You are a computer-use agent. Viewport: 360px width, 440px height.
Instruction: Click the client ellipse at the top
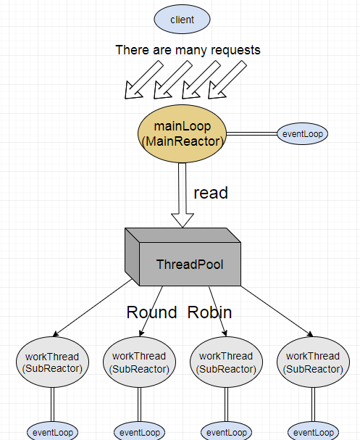point(182,20)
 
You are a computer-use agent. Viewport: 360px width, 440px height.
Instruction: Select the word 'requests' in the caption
point(235,51)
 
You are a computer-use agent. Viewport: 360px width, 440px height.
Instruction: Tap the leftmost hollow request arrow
point(144,80)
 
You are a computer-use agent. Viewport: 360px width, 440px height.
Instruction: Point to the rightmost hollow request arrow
point(227,80)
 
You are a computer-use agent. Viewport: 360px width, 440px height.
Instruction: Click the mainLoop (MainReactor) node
point(182,134)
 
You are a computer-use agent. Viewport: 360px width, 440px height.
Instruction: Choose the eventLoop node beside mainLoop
point(303,134)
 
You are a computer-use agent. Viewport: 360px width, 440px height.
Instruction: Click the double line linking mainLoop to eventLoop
point(252,134)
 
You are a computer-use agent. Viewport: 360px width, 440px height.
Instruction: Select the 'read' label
point(211,193)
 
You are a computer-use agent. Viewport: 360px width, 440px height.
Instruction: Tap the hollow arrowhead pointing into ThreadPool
point(183,220)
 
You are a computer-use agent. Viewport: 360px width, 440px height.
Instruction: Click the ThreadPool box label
point(190,265)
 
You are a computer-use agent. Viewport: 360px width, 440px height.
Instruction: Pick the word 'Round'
point(151,312)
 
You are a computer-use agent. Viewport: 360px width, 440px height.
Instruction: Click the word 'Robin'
point(210,312)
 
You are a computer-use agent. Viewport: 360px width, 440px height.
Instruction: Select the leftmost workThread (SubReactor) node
point(52,362)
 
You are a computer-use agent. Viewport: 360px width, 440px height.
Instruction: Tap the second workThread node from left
point(139,362)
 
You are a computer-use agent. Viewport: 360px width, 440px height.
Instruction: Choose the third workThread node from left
point(226,362)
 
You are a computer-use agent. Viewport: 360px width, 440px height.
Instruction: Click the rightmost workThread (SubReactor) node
point(313,362)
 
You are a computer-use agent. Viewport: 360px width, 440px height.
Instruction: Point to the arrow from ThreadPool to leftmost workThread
point(93,307)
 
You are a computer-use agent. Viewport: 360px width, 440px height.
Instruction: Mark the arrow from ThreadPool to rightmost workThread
point(277,311)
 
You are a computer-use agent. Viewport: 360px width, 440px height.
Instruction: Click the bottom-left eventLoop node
point(52,432)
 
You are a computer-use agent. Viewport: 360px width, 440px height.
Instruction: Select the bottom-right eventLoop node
point(313,432)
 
